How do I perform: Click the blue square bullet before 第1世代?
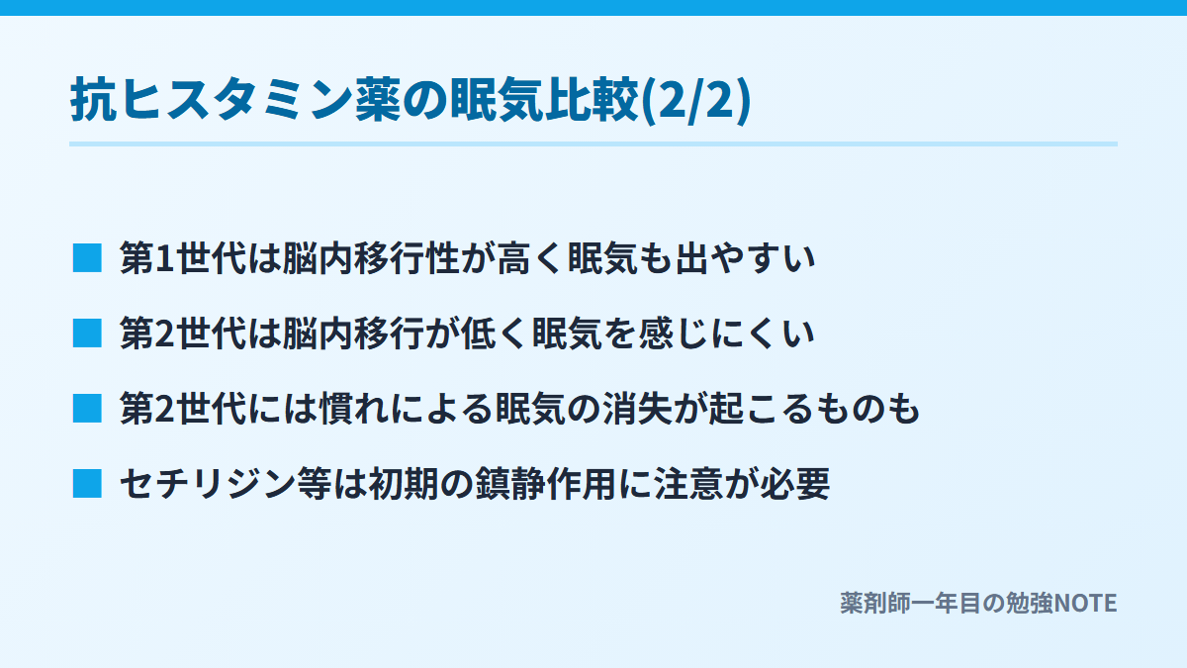pyautogui.click(x=87, y=258)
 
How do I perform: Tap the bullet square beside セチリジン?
pyautogui.click(x=87, y=484)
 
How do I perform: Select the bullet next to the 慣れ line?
pyautogui.click(x=87, y=408)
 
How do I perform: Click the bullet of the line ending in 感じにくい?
pyautogui.click(x=87, y=333)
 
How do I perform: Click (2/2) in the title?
pyautogui.click(x=695, y=100)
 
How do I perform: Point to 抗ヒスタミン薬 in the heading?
pyautogui.click(x=234, y=100)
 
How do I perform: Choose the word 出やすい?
pyautogui.click(x=745, y=258)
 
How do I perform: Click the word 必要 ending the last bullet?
pyautogui.click(x=795, y=484)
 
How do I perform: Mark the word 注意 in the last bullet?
pyautogui.click(x=688, y=484)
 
